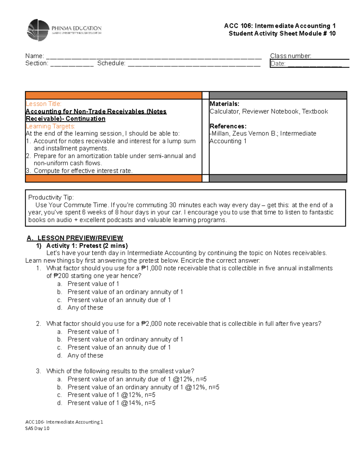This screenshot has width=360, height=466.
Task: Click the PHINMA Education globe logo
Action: [38, 30]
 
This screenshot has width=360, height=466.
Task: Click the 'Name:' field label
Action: [34, 56]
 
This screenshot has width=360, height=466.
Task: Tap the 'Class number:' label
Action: [290, 56]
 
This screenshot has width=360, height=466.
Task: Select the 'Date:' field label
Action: [278, 64]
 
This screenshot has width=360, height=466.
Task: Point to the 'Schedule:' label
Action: [111, 63]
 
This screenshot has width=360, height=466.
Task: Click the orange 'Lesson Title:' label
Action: [43, 104]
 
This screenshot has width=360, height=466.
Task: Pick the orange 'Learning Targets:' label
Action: [50, 126]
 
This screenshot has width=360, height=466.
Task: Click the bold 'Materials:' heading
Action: [224, 104]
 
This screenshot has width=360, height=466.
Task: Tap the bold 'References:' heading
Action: [228, 126]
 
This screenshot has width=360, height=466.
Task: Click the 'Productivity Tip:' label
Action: [51, 197]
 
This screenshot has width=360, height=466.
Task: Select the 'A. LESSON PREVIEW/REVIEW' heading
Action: [75, 238]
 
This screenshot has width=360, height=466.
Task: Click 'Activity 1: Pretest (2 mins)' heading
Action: [87, 246]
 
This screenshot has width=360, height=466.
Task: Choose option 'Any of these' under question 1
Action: [85, 308]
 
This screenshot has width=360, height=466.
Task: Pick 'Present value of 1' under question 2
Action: [93, 332]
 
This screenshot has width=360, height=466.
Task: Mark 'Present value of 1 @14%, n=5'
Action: [111, 403]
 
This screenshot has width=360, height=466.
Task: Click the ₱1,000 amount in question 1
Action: [151, 268]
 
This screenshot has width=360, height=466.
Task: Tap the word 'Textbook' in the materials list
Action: [315, 112]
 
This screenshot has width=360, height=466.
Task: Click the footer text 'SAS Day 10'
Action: [37, 428]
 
